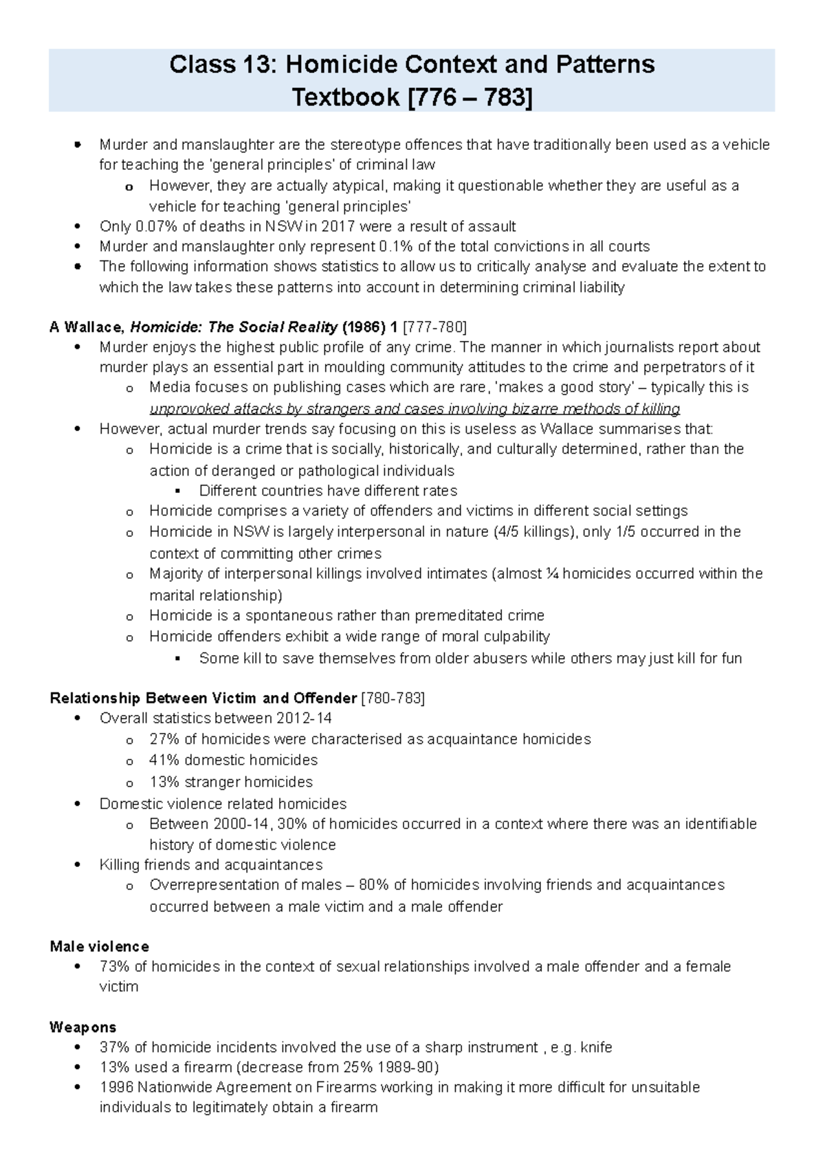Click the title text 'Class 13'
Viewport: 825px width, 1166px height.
[x=219, y=65]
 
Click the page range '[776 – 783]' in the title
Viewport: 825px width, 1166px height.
[x=470, y=98]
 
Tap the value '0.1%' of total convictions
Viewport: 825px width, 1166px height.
[x=395, y=247]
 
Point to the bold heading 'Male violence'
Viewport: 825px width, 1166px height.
[x=99, y=947]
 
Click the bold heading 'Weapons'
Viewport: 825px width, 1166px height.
[x=82, y=1027]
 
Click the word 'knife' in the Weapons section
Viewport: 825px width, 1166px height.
[x=596, y=1048]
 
